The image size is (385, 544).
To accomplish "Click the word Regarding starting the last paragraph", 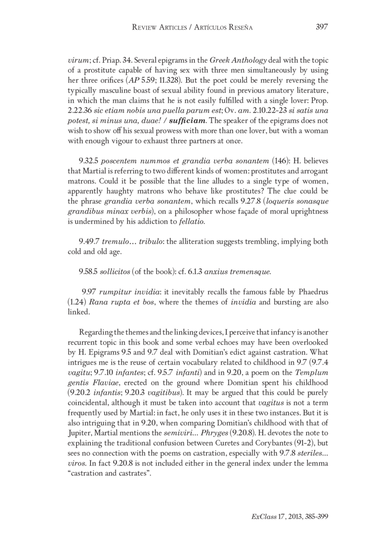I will coord(94,331).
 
